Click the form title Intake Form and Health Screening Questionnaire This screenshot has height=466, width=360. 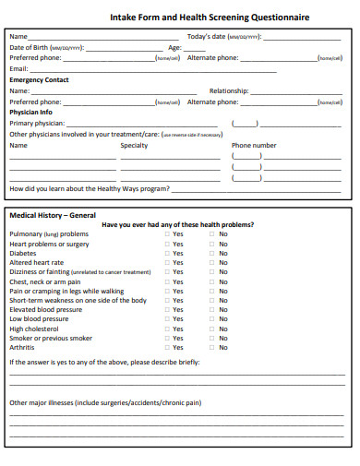click(x=210, y=18)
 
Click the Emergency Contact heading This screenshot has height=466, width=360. click(x=39, y=80)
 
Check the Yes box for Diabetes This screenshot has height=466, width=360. click(x=167, y=253)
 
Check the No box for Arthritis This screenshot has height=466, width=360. click(x=212, y=347)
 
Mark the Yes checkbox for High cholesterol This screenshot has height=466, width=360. click(x=167, y=329)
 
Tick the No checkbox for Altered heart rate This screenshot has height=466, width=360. click(x=212, y=262)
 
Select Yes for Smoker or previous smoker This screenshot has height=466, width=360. click(x=167, y=338)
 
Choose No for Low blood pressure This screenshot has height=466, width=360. click(x=212, y=319)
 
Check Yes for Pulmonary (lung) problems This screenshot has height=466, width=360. click(x=167, y=234)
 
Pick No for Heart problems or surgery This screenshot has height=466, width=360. click(x=212, y=244)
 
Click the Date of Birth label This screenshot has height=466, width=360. click(x=29, y=47)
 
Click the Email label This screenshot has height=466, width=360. click(x=18, y=69)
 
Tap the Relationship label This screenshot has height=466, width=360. click(x=229, y=91)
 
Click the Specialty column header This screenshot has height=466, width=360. click(x=134, y=145)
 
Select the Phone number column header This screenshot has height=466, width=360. click(x=254, y=145)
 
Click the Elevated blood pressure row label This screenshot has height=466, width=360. click(x=45, y=309)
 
